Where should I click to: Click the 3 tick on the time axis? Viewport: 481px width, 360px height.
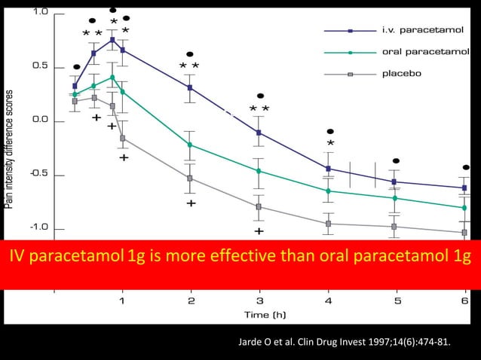(259, 301)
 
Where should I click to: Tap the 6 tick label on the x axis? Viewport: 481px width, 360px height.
(464, 301)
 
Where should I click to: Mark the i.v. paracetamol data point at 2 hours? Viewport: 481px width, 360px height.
(190, 87)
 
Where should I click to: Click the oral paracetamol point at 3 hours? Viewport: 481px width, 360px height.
(259, 171)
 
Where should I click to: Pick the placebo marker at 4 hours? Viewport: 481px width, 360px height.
(328, 224)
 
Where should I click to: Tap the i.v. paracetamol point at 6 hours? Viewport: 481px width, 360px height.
(464, 188)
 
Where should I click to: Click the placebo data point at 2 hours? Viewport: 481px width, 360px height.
(190, 178)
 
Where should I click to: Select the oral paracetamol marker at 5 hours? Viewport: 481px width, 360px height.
(396, 198)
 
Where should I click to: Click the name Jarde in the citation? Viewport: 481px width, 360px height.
(251, 345)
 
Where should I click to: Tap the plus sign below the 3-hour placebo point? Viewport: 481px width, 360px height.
(259, 231)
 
